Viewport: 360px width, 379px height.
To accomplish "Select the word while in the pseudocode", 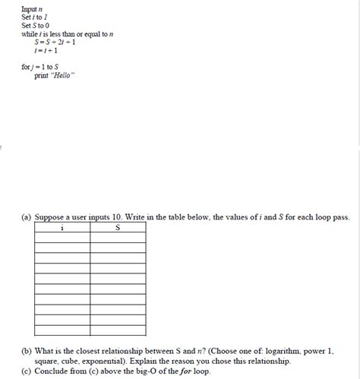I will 28,33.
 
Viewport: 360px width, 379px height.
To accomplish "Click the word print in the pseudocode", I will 42,75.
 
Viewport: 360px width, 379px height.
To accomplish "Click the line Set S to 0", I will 36,25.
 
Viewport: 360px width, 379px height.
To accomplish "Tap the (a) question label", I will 26,217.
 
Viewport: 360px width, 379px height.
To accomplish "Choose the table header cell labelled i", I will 62,226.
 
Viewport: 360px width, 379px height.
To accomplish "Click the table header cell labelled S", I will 118,226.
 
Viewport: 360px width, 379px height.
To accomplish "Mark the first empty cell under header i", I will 62,237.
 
